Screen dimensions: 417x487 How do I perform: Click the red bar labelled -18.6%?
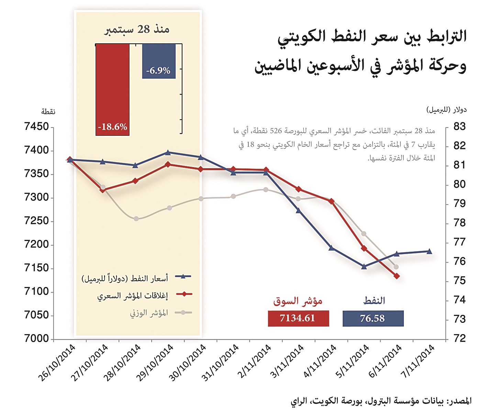[112, 89]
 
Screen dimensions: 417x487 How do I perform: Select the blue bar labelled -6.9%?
[159, 61]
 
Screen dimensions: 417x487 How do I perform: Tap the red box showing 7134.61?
[298, 318]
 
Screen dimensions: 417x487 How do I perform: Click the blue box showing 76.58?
[373, 318]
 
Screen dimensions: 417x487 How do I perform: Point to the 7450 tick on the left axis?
[37, 127]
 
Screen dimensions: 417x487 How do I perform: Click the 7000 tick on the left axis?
[37, 339]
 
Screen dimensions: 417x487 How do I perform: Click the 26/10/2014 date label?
[57, 363]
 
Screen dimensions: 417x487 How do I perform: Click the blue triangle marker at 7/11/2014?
[429, 251]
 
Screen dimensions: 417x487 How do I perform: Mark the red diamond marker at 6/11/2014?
[397, 276]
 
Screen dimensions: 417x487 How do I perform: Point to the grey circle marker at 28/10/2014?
[136, 219]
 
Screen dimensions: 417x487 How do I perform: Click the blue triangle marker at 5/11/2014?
[364, 266]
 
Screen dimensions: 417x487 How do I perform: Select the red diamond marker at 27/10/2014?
[103, 190]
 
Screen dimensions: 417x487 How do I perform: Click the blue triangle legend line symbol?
[183, 276]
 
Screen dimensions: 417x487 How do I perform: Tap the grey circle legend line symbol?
[183, 312]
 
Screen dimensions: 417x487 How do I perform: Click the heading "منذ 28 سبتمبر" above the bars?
[137, 30]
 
